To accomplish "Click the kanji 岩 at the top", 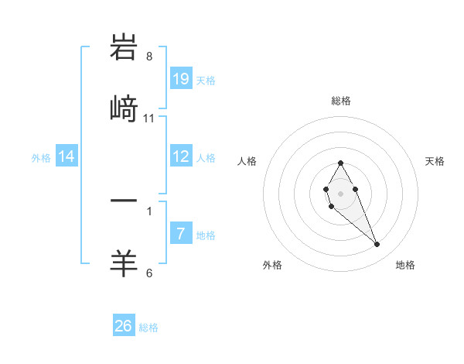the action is pyautogui.click(x=124, y=48).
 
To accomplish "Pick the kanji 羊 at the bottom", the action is pyautogui.click(x=124, y=263).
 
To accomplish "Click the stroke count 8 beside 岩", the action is pyautogui.click(x=149, y=57).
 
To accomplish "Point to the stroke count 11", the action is pyautogui.click(x=149, y=118).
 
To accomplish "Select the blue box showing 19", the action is pyautogui.click(x=181, y=78).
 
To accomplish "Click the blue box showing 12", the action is pyautogui.click(x=181, y=156).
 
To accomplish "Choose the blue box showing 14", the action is pyautogui.click(x=67, y=156).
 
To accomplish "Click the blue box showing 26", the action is pyautogui.click(x=124, y=326).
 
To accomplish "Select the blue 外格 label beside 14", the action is pyautogui.click(x=41, y=157).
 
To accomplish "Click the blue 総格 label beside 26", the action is pyautogui.click(x=148, y=328).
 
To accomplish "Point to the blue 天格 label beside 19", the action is pyautogui.click(x=206, y=80).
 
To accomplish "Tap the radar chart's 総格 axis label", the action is pyautogui.click(x=341, y=101).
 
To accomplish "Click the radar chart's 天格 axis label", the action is pyautogui.click(x=435, y=161).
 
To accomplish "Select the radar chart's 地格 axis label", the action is pyautogui.click(x=405, y=265).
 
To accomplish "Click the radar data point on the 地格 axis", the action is pyautogui.click(x=377, y=245).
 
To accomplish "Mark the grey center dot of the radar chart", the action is pyautogui.click(x=340, y=193).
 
